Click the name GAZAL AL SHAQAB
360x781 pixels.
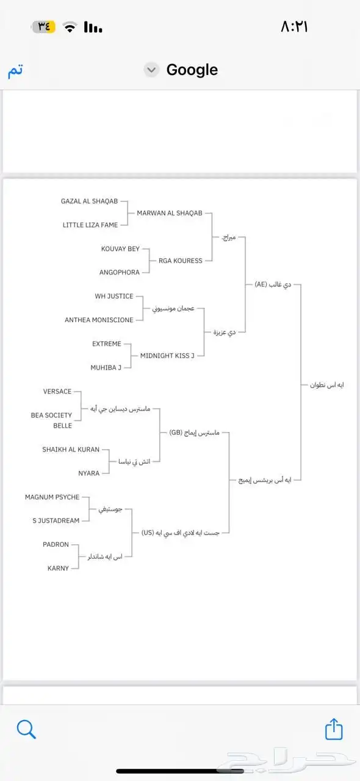[89, 201]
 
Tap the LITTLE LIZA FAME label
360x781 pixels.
[90, 225]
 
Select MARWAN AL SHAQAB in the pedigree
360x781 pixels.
[170, 213]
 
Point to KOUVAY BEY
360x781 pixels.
[120, 249]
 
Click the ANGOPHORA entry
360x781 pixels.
[120, 273]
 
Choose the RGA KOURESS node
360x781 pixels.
[180, 261]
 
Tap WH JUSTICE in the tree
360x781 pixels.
[114, 297]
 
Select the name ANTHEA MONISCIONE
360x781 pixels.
[99, 320]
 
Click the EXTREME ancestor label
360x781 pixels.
[107, 344]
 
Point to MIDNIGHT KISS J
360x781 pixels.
[167, 356]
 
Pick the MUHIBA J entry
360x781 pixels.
[106, 368]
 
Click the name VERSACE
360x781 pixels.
[57, 392]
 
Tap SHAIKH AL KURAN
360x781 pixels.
[71, 450]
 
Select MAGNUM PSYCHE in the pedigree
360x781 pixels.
[52, 497]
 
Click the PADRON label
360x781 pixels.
[56, 545]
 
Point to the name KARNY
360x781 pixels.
[59, 569]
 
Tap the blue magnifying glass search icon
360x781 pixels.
[26, 729]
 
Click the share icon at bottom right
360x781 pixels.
[334, 729]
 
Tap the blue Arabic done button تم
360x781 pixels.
[15, 71]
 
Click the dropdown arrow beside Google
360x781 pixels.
[151, 70]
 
